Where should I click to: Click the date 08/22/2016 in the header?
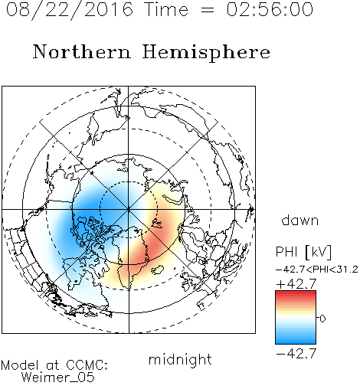click(x=70, y=10)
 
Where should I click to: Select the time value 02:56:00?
click(x=270, y=9)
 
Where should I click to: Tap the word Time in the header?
click(x=166, y=9)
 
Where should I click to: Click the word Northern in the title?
click(x=82, y=51)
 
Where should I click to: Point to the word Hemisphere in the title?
click(x=206, y=53)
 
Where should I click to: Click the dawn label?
click(x=300, y=220)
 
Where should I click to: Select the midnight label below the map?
click(x=180, y=359)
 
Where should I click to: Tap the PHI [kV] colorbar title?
click(x=303, y=252)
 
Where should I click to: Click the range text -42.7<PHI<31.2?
click(x=317, y=270)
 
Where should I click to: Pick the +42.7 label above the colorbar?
click(x=296, y=284)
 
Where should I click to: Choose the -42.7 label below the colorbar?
click(x=296, y=354)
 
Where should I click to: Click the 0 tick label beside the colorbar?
click(x=322, y=319)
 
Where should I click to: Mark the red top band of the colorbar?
click(x=296, y=293)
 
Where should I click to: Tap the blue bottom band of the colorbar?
click(x=296, y=341)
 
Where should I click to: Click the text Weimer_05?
click(x=58, y=377)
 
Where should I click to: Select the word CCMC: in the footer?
click(x=87, y=365)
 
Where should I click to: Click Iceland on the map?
click(x=157, y=270)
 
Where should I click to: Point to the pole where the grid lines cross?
click(x=129, y=209)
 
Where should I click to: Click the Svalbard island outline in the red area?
click(x=157, y=224)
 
